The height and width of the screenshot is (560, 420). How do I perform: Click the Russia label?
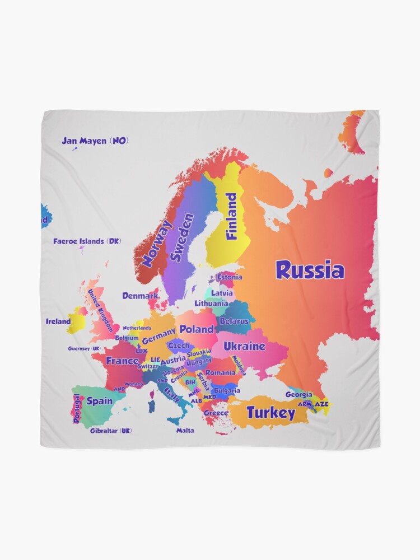point(310,270)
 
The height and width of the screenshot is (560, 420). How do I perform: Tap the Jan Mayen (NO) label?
point(95,141)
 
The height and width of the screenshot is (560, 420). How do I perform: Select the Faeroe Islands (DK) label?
point(87,241)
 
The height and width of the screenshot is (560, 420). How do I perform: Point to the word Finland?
point(231,216)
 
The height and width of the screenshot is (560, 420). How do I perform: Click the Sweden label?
point(183,237)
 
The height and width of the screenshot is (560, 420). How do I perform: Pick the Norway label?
point(156,243)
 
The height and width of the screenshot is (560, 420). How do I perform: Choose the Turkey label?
point(270,413)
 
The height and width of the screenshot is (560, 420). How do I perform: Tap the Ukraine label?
point(244,346)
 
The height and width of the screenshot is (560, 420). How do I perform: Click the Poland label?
point(197,329)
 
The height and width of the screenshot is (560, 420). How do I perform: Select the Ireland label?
point(58,321)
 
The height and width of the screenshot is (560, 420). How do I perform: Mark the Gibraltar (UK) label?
point(111,431)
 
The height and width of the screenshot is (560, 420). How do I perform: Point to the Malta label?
point(185,431)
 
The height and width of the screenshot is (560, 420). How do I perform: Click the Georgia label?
point(298,394)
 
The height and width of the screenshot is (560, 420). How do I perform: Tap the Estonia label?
point(230,277)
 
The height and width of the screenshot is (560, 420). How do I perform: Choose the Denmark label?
point(140,295)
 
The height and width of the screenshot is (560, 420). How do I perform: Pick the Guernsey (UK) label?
point(84,348)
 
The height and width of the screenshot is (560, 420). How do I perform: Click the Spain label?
point(100,401)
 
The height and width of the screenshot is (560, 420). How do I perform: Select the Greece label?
point(216,413)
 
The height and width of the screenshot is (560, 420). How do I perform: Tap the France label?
point(122,361)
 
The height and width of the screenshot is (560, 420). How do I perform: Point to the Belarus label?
point(234,321)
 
